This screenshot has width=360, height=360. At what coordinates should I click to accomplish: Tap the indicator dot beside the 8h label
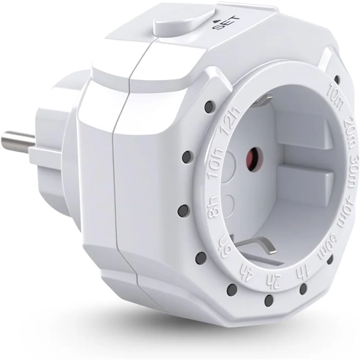pos(183,209)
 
